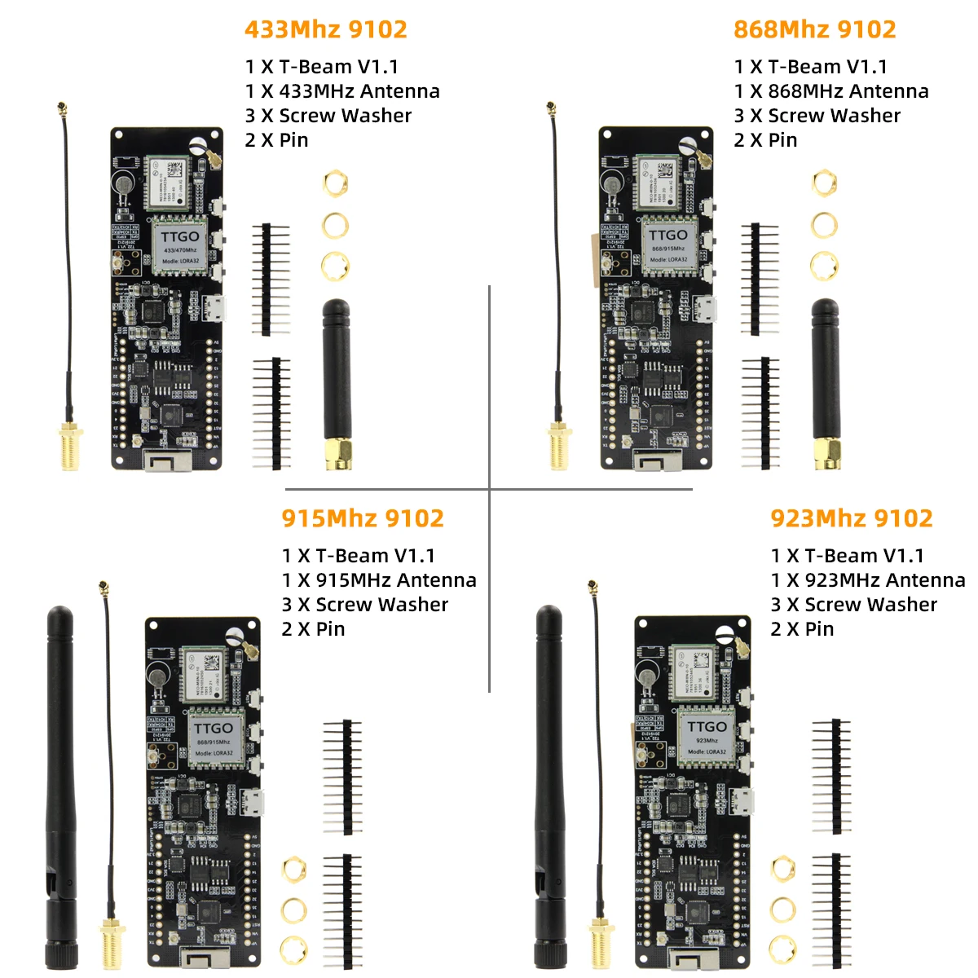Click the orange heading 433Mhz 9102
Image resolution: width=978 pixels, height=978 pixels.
tap(326, 29)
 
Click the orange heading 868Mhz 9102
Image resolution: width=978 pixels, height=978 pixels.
tap(815, 29)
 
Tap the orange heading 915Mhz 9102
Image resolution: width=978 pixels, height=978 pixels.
tap(363, 518)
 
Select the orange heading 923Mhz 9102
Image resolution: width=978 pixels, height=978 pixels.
tap(852, 518)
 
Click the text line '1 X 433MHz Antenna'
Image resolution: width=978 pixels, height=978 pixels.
tap(342, 91)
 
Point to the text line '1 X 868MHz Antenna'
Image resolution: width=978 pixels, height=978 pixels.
tap(831, 91)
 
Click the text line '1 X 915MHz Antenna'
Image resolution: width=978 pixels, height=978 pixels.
tap(379, 580)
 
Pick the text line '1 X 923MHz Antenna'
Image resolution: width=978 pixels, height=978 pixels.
tap(868, 580)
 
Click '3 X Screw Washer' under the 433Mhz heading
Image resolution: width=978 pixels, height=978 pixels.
tap(328, 116)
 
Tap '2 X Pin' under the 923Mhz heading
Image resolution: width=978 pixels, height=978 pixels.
tap(803, 629)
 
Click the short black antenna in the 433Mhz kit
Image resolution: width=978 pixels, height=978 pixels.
tap(336, 375)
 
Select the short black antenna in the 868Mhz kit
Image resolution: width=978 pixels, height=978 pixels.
tap(825, 375)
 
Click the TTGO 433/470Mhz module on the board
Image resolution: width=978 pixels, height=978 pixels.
tap(180, 244)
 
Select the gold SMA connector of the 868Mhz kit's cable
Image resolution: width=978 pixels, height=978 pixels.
tap(560, 446)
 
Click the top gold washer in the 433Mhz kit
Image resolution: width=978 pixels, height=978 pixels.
tap(335, 183)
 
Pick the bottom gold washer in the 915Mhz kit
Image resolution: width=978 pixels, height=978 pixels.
tap(293, 949)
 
